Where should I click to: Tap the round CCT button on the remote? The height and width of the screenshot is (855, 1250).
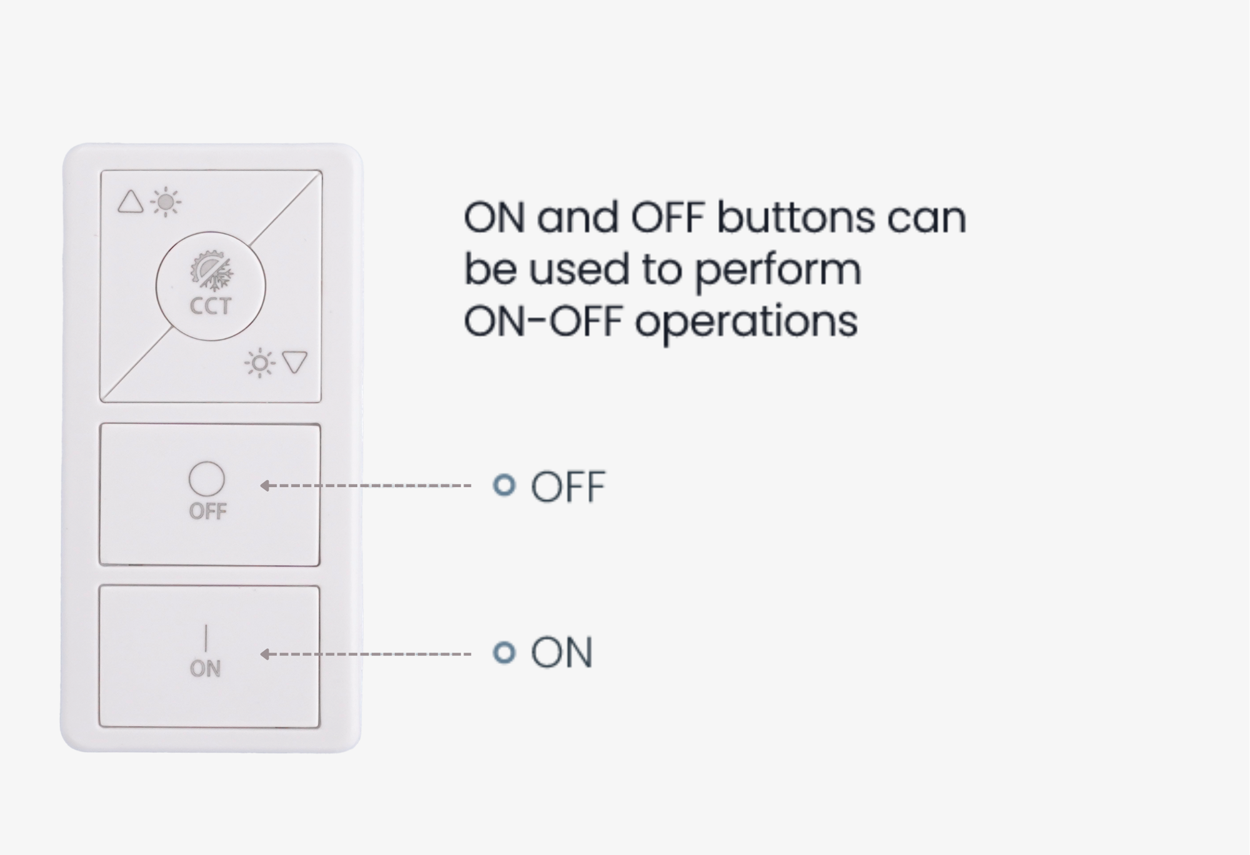[211, 286]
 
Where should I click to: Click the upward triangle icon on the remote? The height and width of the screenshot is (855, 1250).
[131, 202]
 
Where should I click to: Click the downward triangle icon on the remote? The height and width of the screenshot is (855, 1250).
[294, 362]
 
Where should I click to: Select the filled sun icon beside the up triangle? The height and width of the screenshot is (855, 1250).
[166, 202]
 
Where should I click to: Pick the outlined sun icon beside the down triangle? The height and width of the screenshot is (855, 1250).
[260, 362]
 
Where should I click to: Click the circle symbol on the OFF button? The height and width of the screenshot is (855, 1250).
[207, 479]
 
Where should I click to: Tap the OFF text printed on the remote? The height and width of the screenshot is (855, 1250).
[207, 511]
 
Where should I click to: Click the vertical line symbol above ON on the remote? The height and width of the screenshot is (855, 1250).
[206, 637]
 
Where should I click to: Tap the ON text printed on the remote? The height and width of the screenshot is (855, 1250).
[205, 669]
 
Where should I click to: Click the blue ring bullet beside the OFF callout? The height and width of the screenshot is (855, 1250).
[504, 485]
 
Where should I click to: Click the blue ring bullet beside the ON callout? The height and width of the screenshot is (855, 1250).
[504, 652]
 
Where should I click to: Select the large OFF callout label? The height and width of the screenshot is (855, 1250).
[568, 487]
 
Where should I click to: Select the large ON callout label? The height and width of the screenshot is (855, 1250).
[561, 653]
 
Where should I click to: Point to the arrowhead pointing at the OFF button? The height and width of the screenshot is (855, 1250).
[264, 486]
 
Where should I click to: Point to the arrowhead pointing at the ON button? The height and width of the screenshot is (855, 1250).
[264, 654]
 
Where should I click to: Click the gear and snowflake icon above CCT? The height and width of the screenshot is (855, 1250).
[212, 271]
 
